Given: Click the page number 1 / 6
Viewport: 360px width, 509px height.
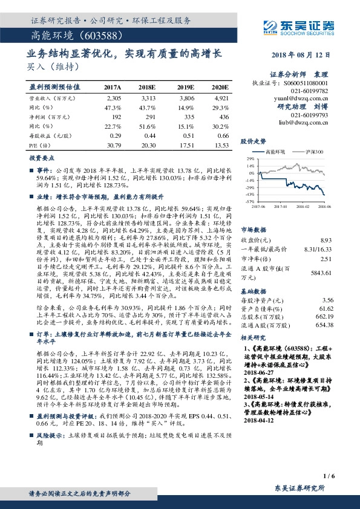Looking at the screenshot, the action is click(x=329, y=477).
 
